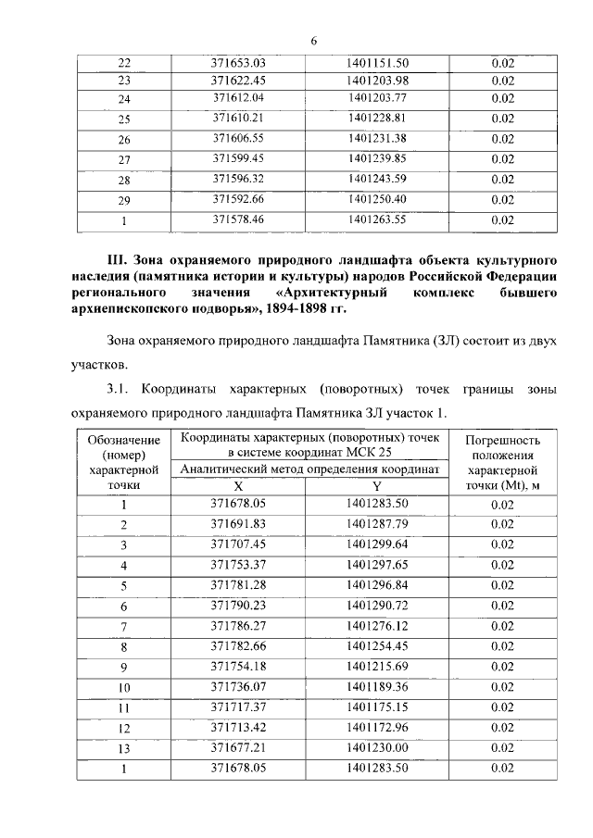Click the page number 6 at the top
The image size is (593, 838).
tap(314, 40)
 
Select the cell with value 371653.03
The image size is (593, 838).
tap(239, 63)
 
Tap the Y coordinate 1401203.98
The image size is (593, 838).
tap(377, 81)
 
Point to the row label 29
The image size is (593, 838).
tap(124, 200)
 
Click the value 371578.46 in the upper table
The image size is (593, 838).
tap(239, 219)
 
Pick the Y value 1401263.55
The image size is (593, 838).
tap(377, 219)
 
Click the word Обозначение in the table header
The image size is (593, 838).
tap(124, 440)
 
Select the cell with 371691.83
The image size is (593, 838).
tap(238, 524)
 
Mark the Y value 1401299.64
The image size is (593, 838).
tap(377, 544)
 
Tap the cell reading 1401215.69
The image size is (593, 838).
tap(377, 666)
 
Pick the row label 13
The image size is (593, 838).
tap(123, 747)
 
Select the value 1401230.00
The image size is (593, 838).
tap(377, 746)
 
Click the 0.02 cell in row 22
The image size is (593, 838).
tap(502, 63)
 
